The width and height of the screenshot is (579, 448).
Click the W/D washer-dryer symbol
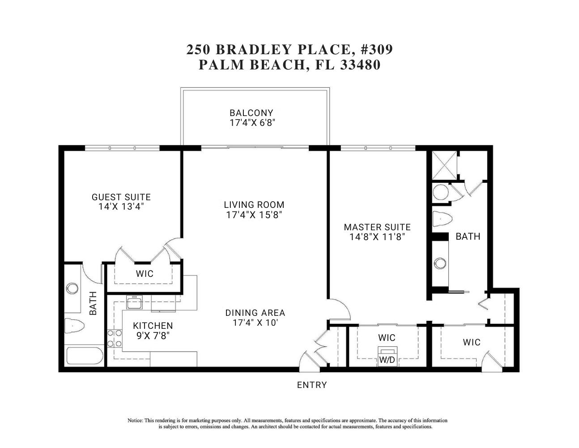click(387, 357)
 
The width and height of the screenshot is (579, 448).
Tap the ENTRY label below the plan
click(312, 385)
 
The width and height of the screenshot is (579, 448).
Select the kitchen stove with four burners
click(115, 338)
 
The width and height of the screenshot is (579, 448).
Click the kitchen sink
click(134, 303)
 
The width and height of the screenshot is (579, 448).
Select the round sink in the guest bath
click(72, 288)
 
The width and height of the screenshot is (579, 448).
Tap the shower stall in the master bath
click(445, 165)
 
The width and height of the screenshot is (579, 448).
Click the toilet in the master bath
click(442, 220)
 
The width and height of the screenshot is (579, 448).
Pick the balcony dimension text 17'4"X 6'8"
click(252, 123)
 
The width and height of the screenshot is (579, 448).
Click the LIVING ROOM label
click(254, 205)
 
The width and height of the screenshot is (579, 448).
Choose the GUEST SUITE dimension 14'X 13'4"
click(121, 207)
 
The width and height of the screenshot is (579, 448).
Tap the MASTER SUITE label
click(377, 227)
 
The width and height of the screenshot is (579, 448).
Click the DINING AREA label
click(255, 313)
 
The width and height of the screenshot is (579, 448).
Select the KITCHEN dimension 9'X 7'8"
click(153, 336)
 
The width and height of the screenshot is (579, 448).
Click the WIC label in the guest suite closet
click(145, 274)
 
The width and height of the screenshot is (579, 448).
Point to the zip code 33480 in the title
click(360, 65)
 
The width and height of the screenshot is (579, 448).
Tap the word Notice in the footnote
click(135, 421)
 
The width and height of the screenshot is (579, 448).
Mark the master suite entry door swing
click(339, 308)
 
